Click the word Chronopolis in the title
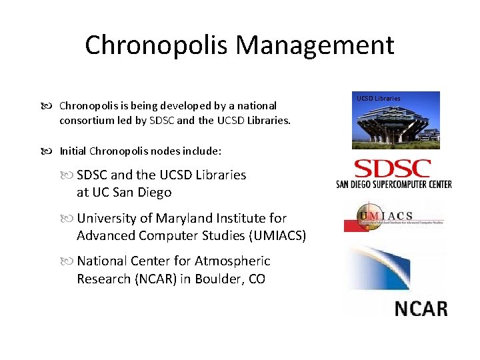tap(157, 45)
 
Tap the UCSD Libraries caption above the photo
tap(379, 98)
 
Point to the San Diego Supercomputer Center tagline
tap(394, 184)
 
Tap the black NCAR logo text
tap(421, 309)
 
